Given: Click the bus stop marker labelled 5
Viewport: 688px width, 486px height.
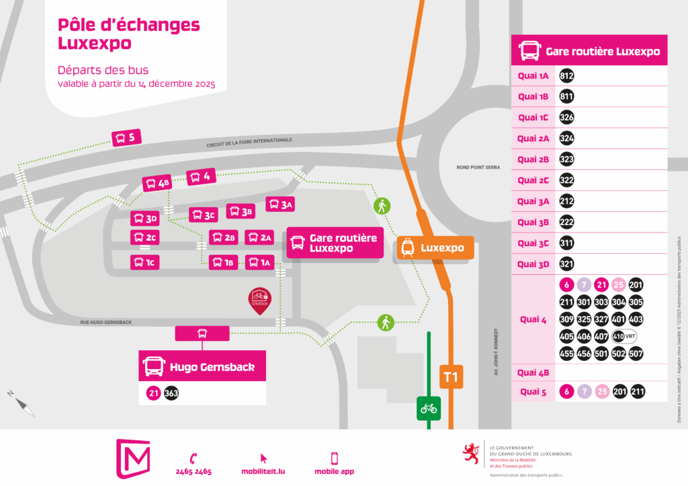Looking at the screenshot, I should click(126, 138).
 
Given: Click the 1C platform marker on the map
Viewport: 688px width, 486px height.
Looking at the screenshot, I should click(145, 263).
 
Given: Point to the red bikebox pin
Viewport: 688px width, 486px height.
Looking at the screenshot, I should click(259, 297).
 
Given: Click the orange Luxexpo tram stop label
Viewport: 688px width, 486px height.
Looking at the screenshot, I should click(435, 248).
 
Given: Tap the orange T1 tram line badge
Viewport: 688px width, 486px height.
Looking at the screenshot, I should click(450, 378).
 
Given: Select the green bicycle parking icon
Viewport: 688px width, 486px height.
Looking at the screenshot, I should click(428, 407).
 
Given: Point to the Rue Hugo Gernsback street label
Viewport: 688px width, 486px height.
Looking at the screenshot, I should click(105, 323).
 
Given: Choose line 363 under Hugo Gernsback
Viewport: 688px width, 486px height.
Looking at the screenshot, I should click(171, 394).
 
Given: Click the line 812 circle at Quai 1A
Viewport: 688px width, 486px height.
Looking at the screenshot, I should click(566, 76).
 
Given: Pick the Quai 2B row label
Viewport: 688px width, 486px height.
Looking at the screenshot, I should click(533, 159).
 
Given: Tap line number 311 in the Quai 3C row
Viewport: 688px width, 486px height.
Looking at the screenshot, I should click(566, 243).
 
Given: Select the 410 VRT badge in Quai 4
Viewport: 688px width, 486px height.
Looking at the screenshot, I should click(623, 336).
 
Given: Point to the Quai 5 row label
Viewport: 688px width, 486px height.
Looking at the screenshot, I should click(533, 391).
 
